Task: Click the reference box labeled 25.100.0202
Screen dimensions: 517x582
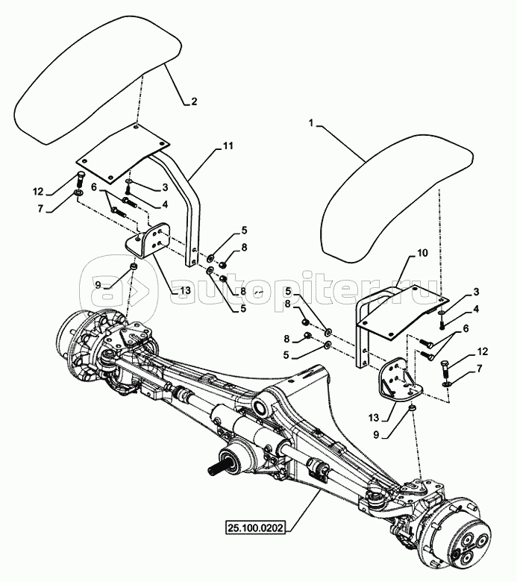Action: click(255, 528)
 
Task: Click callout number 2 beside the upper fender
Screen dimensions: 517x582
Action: click(194, 101)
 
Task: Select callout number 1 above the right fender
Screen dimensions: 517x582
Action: click(312, 123)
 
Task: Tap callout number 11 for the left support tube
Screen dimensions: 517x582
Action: click(228, 145)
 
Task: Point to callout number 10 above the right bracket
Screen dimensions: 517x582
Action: click(423, 253)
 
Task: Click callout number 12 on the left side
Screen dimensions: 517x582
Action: click(38, 192)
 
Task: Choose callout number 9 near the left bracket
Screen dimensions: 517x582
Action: click(98, 285)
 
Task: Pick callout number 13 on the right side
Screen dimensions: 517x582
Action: click(374, 418)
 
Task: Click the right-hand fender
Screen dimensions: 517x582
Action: click(393, 197)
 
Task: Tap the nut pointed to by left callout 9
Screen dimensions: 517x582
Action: click(133, 266)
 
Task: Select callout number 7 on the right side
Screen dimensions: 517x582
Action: click(480, 369)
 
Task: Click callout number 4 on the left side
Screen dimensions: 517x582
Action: click(164, 204)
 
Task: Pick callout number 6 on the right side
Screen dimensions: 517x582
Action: click(466, 328)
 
